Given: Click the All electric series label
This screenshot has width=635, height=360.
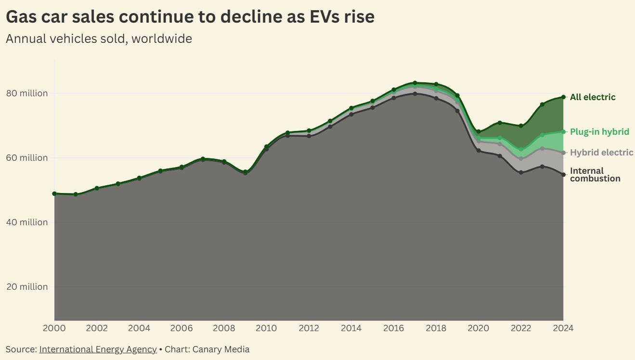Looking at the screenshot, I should click(x=592, y=97).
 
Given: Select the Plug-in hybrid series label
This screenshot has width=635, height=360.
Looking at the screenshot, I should click(x=599, y=132).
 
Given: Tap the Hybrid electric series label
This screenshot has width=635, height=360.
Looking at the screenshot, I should click(x=601, y=153).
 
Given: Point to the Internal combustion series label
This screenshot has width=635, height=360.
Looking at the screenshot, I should click(x=595, y=175).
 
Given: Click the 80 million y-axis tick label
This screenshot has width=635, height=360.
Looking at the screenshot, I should click(x=27, y=93).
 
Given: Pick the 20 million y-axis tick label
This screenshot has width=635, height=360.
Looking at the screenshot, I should click(x=27, y=287).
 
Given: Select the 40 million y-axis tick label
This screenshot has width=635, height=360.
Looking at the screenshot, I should click(x=27, y=222).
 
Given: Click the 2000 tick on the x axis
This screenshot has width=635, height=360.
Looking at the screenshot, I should click(x=54, y=328).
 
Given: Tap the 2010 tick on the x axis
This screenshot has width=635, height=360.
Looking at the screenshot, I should click(x=266, y=328).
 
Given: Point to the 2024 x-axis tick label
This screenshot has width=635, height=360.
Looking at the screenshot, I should click(x=563, y=328).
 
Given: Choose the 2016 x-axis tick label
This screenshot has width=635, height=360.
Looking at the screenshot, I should click(x=393, y=328).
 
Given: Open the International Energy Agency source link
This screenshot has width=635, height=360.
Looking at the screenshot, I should click(x=98, y=349).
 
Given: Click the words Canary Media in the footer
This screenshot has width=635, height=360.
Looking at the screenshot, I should click(x=221, y=349).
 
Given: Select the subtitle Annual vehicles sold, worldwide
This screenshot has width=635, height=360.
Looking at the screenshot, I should click(x=99, y=39).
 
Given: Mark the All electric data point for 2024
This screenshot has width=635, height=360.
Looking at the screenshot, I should click(x=563, y=97).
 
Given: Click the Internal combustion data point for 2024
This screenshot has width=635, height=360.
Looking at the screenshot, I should click(x=563, y=175).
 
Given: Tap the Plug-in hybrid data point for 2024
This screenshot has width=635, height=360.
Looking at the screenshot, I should click(x=563, y=132).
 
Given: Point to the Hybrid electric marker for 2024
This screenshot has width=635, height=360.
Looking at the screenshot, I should click(x=563, y=153).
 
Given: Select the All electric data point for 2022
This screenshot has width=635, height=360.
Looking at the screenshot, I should click(x=521, y=126).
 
